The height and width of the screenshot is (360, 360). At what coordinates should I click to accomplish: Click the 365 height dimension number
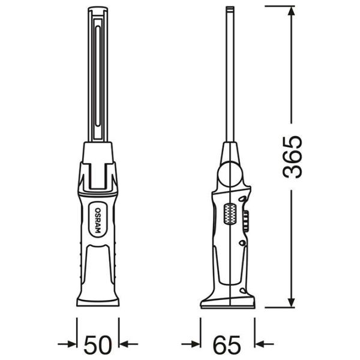pos(292,157)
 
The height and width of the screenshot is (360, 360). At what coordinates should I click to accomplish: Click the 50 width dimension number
pos(98,345)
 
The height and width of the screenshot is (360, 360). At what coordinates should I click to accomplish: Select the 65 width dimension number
pos(227,345)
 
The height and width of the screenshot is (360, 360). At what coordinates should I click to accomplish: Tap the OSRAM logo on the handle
pos(98,220)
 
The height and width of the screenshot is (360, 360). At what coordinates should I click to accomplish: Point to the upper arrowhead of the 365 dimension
pos(291,11)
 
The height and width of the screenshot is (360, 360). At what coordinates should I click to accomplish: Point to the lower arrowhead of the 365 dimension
pos(291,302)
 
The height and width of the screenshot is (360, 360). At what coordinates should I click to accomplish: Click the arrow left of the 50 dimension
pos(67,344)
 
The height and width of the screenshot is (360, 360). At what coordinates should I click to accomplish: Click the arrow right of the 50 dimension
pos(128,344)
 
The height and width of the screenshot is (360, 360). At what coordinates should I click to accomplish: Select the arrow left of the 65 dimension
pos(191,344)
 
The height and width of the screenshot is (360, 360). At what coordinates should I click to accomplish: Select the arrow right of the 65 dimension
pos(264,344)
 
